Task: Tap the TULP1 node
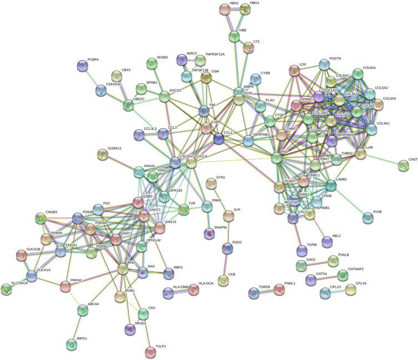150,351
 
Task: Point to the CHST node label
412,159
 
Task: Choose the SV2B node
367,217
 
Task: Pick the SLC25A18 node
7,289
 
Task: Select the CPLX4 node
351,290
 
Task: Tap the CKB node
224,281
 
